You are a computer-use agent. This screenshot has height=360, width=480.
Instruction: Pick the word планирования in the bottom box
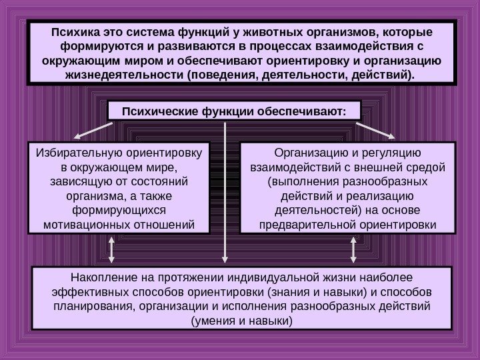tap(85, 307)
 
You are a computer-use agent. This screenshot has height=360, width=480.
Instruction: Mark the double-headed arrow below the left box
tap(112, 251)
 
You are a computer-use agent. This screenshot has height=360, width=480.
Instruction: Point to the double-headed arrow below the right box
tap(354, 251)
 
